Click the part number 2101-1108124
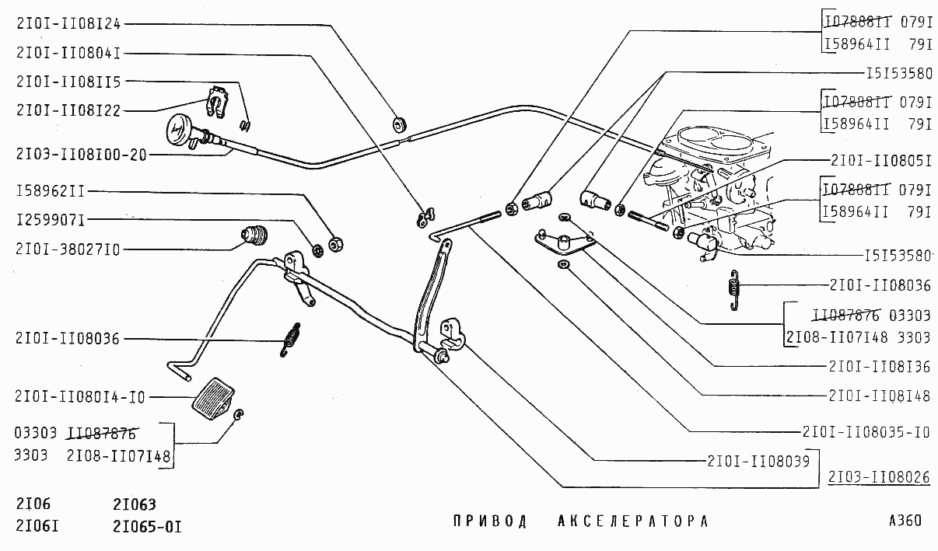pos(68,23)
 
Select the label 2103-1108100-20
pos(80,155)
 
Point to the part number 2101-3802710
pos(68,249)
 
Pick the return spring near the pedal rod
pos(290,339)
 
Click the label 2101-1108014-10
pos(80,397)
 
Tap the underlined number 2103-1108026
pos(879,477)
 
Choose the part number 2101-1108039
pos(758,460)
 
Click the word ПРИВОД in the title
pos(490,521)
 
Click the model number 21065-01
pos(147,527)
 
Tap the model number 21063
pos(134,504)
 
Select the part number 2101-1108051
pos(880,160)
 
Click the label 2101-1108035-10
pos(866,432)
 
